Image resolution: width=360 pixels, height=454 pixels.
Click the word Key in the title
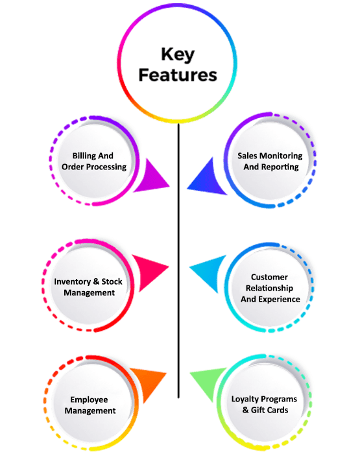tap(178, 54)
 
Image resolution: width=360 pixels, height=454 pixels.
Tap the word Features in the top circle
tap(178, 75)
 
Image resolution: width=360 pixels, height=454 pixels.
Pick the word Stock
tap(112, 281)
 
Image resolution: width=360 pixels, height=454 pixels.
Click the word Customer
tap(269, 277)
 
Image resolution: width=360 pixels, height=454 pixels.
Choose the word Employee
tap(90, 400)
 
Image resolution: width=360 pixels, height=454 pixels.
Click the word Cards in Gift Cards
tap(278, 411)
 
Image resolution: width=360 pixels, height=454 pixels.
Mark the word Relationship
tap(269, 289)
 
